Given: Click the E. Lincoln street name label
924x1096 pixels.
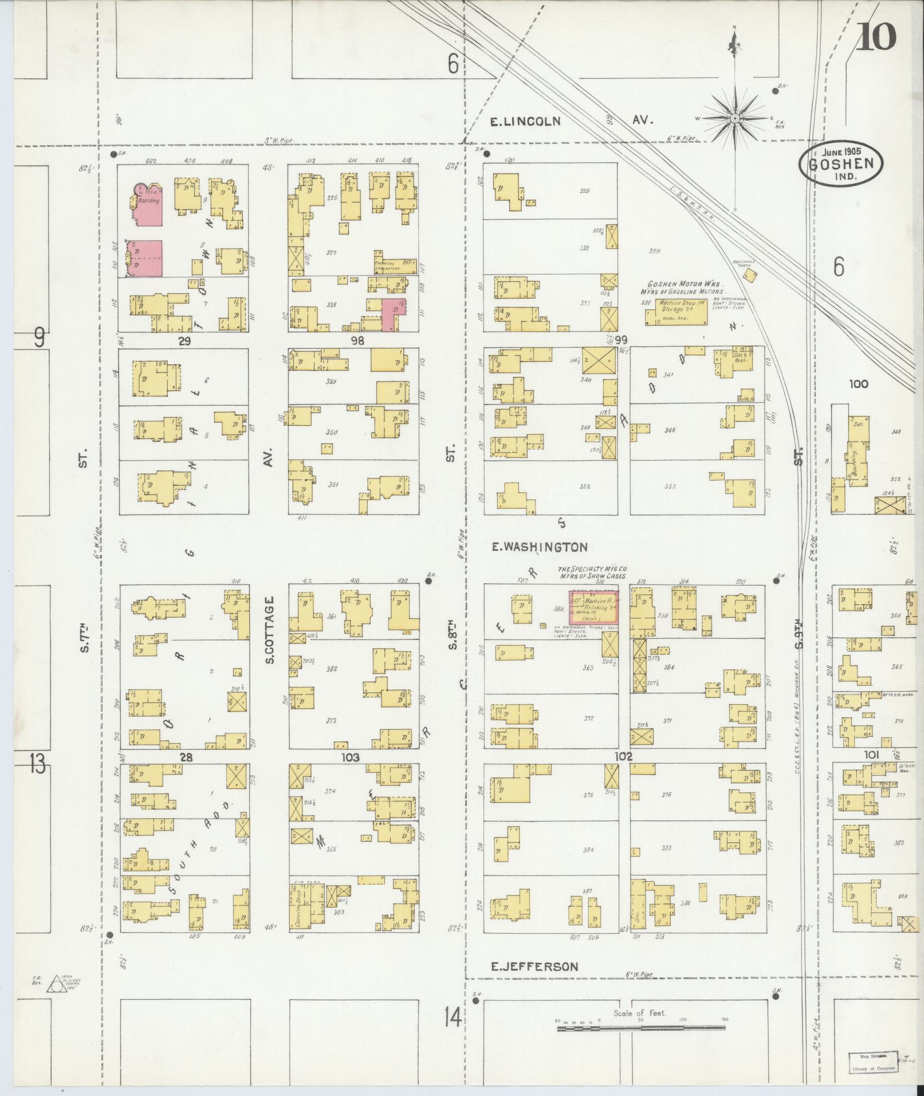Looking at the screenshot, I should coord(526,121).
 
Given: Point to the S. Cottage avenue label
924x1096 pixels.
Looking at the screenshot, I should coord(270,630).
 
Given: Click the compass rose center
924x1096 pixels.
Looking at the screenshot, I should coord(734,118).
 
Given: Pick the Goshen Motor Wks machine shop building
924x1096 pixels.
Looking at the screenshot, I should coord(676,311).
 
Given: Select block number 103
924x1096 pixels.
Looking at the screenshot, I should coord(350,757).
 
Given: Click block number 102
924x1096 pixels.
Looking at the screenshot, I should coord(623,756).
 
